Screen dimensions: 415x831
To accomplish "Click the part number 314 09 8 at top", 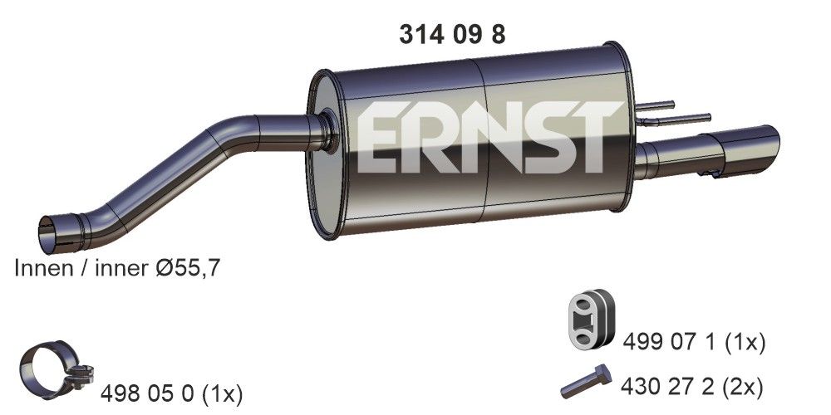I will (x=452, y=34).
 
